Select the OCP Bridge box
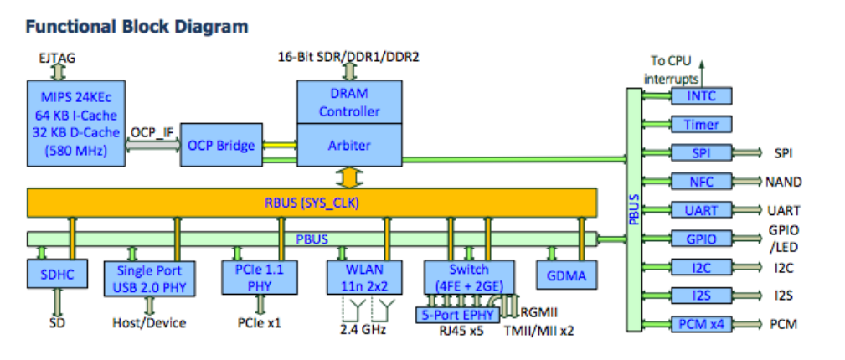221,146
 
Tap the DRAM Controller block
350,101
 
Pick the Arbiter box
350,145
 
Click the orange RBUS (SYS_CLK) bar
312,202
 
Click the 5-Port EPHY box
457,315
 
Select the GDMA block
566,274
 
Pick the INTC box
701,95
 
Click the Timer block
701,125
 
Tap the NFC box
701,182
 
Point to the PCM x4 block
701,324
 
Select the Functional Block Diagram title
137,26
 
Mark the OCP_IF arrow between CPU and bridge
152,146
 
